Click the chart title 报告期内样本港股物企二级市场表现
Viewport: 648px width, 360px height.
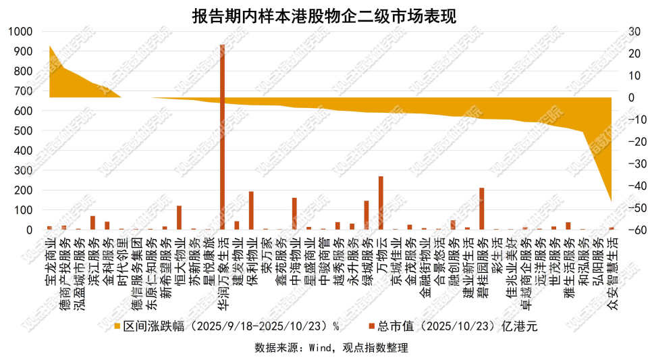point(324,15)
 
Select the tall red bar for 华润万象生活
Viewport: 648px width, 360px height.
point(223,135)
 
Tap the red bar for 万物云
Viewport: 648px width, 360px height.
point(381,203)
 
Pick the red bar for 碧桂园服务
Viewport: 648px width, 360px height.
point(482,209)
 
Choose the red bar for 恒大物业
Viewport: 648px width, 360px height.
point(179,217)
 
